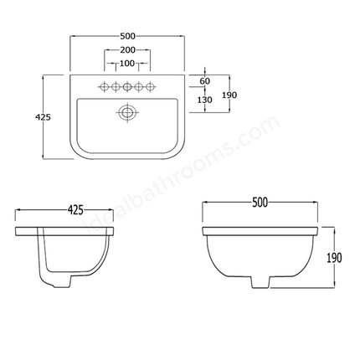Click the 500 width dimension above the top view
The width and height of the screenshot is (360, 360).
tap(128, 36)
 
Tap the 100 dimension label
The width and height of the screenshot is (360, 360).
tap(128, 64)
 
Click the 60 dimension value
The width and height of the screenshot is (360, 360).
tap(205, 81)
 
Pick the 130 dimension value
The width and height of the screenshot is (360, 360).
tap(205, 100)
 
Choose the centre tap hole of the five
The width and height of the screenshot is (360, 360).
tap(128, 85)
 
